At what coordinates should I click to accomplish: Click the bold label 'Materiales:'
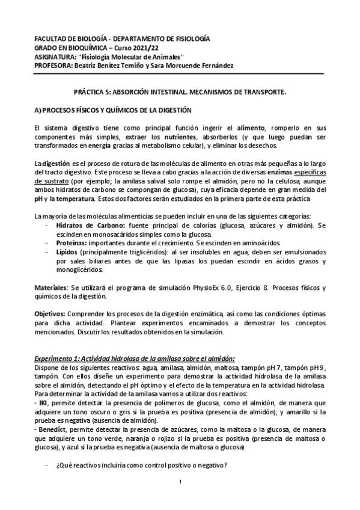pos(51,287)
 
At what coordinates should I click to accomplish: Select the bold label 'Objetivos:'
pos(50,314)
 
